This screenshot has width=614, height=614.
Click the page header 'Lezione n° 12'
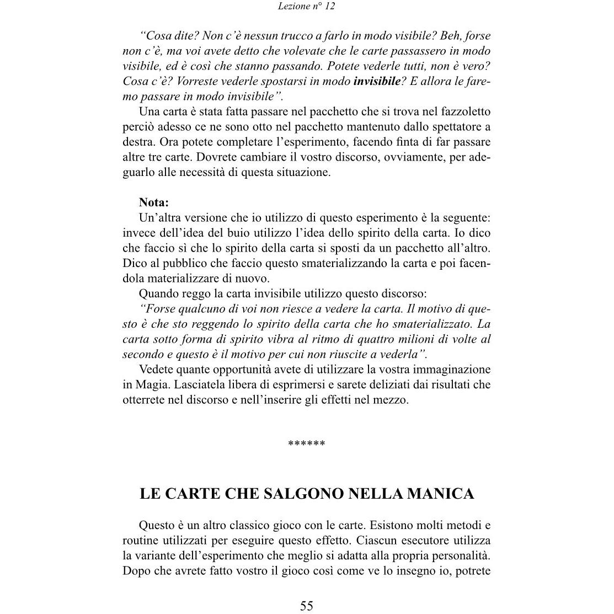tap(307, 7)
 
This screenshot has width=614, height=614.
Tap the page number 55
tap(307, 606)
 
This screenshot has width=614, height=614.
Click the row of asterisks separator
tap(307, 444)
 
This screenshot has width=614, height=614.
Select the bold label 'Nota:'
tap(154, 202)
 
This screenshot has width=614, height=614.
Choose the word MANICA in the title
tap(440, 494)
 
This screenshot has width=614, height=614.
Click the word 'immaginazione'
tap(450, 370)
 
